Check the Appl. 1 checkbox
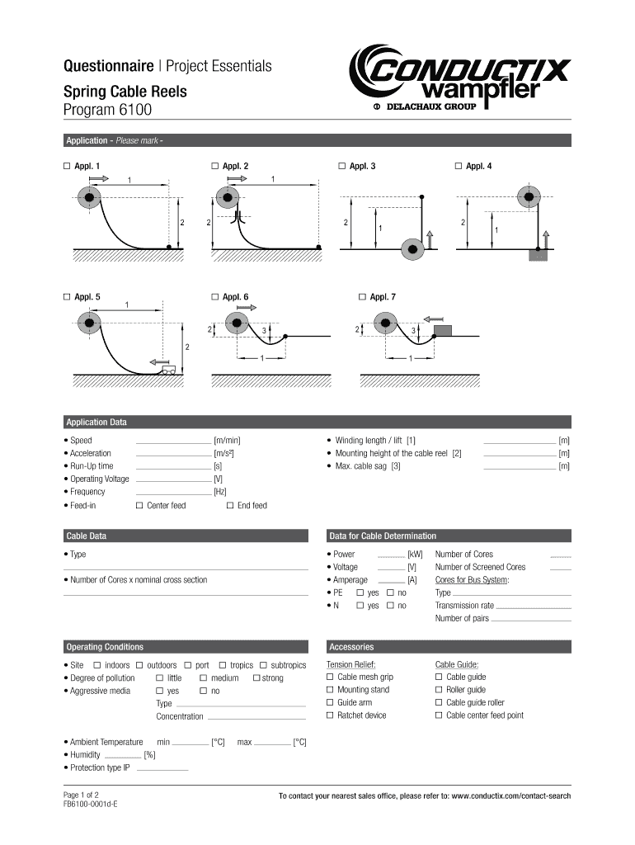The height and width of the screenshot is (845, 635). point(67,167)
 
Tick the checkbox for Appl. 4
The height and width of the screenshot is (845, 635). point(459,167)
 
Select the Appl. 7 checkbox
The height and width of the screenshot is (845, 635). point(362,296)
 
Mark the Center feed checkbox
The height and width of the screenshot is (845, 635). point(139,505)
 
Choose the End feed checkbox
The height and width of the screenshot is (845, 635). point(230,505)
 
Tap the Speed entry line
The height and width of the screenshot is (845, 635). point(172,441)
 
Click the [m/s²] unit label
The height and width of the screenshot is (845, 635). point(223,454)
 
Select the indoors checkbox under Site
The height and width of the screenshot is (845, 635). point(97,665)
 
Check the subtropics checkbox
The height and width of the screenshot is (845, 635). point(264,665)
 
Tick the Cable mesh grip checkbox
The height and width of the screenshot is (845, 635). point(330,677)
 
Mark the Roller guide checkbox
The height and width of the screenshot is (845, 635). point(439,690)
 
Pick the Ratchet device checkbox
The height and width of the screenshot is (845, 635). point(330,715)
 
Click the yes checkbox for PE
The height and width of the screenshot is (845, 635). point(360,593)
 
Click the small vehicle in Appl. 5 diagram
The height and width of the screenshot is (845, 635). point(170,371)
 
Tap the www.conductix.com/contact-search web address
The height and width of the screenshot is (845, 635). point(511,796)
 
